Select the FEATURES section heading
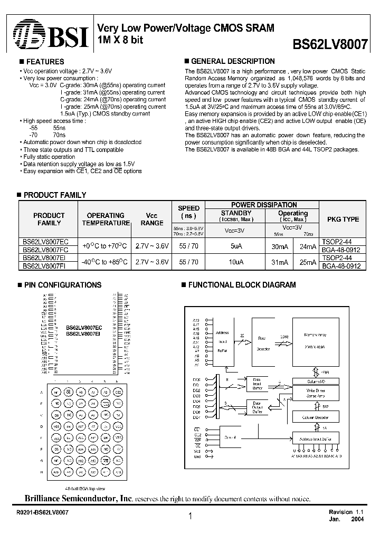click(x=45, y=62)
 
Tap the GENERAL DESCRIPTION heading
click(x=232, y=61)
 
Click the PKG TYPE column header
click(x=343, y=219)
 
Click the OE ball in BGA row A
click(x=68, y=392)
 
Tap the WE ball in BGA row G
click(x=106, y=460)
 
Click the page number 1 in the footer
click(x=189, y=517)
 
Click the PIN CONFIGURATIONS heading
click(x=63, y=285)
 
